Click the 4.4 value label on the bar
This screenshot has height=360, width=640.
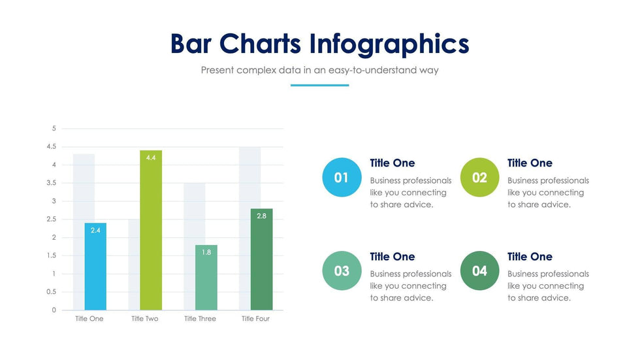151,158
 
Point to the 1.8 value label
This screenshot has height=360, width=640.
206,252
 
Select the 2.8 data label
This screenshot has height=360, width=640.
261,216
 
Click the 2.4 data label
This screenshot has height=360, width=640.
95,230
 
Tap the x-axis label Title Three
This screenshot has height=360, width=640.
200,319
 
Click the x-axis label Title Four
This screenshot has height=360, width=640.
255,319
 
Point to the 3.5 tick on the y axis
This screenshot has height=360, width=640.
52,183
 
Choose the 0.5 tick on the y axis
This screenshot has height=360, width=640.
52,292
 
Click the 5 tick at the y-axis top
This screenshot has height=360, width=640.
54,128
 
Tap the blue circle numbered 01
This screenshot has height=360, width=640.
342,177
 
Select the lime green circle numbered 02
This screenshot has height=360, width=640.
479,177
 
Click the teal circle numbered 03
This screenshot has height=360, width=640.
342,270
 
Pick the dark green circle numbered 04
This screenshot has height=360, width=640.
479,270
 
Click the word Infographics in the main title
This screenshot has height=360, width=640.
389,44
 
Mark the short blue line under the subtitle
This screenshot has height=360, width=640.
319,85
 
